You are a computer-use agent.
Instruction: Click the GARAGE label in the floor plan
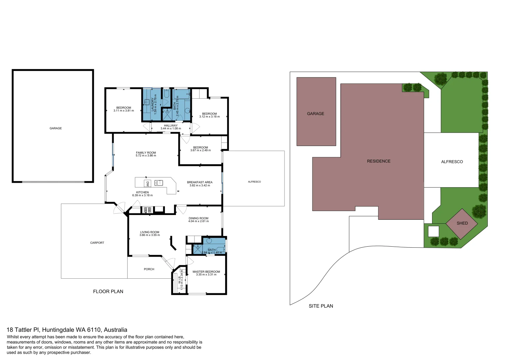56,128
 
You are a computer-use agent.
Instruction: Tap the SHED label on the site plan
462,223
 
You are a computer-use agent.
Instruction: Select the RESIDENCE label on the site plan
378,161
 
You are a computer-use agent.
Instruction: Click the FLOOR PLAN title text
108,292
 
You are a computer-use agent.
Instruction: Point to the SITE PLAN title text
320,306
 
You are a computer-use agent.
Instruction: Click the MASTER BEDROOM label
206,272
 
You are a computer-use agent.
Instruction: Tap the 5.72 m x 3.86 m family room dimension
146,156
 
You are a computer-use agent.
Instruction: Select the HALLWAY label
171,126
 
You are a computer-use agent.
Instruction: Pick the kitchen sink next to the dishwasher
159,183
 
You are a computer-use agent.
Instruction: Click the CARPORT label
97,243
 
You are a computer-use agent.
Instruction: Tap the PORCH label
149,269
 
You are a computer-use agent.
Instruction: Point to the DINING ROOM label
198,218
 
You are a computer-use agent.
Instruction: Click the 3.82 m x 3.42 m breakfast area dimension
200,185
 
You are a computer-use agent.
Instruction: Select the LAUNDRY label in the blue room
152,104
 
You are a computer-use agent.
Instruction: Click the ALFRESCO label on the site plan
452,162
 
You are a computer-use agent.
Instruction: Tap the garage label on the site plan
315,114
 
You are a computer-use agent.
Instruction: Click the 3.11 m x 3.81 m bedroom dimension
124,111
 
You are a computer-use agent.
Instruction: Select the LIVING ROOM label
150,232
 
